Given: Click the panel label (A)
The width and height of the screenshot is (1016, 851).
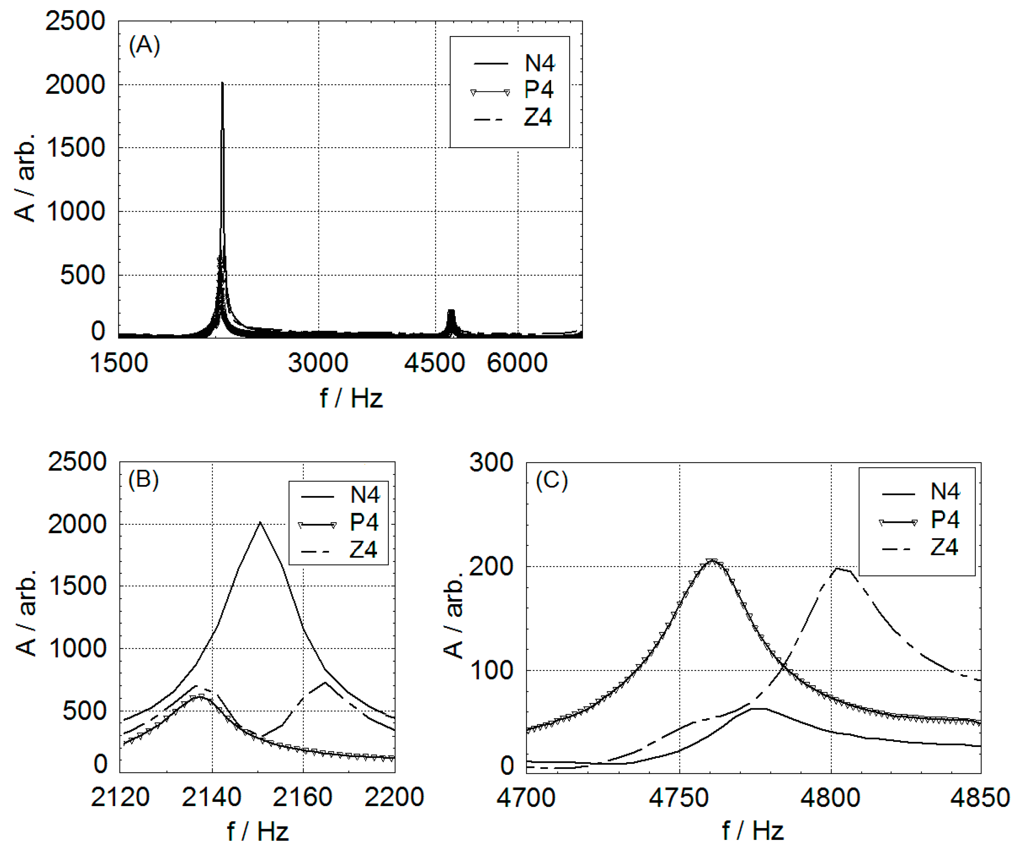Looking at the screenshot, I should tap(144, 46).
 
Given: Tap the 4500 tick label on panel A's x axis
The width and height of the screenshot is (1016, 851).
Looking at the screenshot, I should tap(434, 363).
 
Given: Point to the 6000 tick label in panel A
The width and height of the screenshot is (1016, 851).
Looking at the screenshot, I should tap(517, 363).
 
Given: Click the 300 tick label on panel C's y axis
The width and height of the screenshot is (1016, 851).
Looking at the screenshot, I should tap(491, 463).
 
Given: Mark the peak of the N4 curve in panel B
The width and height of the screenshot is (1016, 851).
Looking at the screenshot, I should tap(260, 522).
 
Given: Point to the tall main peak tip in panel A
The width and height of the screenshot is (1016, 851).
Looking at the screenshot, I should tap(222, 83).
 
